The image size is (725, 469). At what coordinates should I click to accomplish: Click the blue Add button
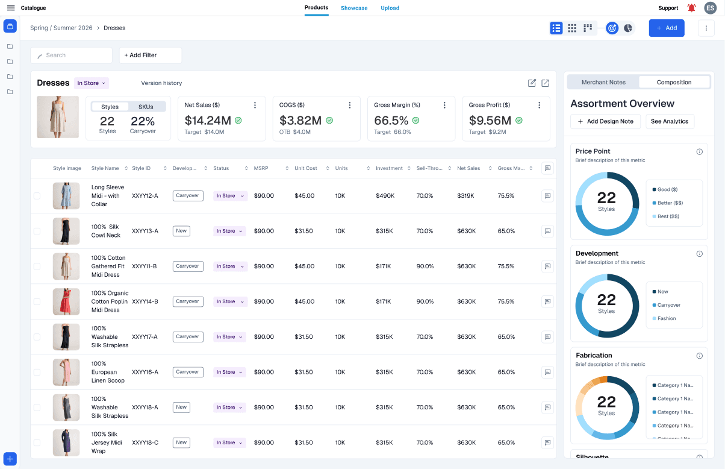666,28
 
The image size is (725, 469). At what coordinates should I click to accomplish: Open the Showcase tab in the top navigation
354,8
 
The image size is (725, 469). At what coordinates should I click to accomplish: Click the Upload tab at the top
390,8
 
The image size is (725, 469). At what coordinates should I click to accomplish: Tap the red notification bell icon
691,8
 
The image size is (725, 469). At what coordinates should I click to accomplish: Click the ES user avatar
711,8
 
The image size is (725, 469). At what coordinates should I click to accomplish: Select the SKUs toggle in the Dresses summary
146,107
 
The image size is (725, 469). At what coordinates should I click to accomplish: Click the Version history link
161,83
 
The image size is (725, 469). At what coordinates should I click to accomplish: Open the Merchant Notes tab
603,82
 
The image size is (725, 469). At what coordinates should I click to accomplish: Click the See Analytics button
670,121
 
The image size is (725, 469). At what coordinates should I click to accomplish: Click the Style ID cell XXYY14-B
145,301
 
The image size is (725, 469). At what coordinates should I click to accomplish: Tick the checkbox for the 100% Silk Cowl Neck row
37,231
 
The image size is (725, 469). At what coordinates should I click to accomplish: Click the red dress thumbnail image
66,301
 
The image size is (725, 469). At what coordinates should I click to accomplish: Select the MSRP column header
261,168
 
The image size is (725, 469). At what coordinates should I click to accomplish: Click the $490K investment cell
385,196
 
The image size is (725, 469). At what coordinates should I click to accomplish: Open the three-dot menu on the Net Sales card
255,105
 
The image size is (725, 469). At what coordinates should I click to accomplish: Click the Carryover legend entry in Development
668,305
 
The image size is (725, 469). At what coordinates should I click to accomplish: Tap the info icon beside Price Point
699,152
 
